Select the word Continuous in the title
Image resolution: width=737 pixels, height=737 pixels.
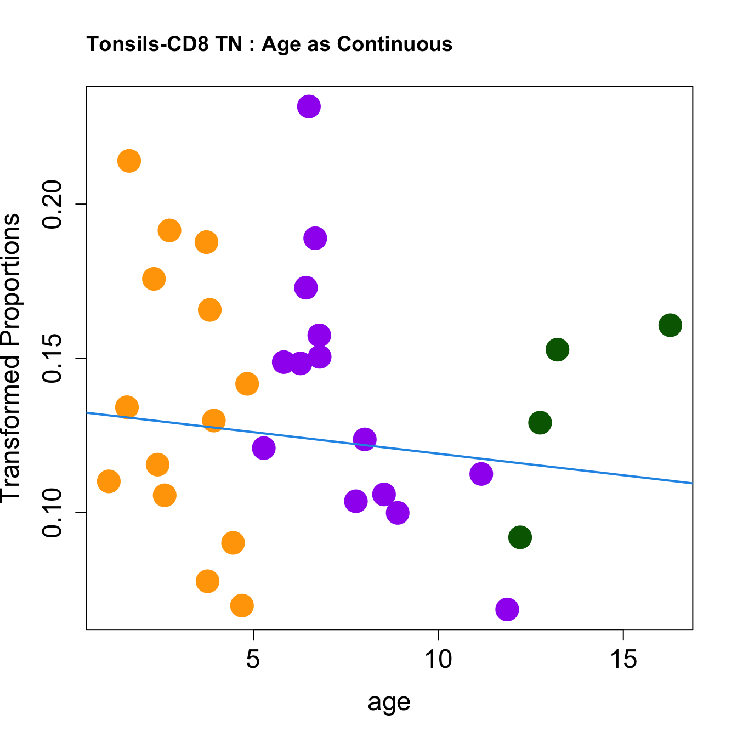click(395, 44)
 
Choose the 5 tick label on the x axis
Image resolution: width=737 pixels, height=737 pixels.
click(253, 660)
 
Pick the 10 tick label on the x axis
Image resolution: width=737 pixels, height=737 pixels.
click(438, 660)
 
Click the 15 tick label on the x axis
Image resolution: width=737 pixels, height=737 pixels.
click(623, 660)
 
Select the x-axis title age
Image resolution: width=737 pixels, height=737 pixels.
click(389, 702)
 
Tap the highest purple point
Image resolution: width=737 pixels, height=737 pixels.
click(309, 106)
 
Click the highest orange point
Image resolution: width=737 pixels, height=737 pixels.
click(129, 161)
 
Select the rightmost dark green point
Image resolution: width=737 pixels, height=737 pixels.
click(670, 325)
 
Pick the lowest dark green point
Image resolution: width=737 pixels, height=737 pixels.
click(520, 537)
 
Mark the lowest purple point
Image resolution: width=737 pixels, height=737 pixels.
click(507, 609)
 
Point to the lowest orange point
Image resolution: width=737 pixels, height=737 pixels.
click(242, 605)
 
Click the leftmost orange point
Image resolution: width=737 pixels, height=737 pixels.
click(109, 481)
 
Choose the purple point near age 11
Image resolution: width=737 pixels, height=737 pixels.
click(481, 474)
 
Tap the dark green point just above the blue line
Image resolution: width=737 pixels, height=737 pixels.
click(540, 422)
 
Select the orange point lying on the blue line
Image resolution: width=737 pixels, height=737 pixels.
click(214, 421)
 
